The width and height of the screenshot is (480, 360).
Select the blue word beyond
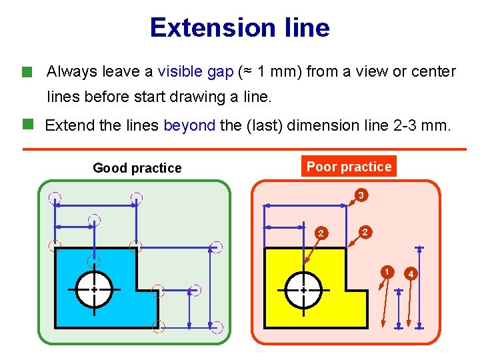pos(189,125)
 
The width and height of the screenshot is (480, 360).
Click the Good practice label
pos(137,168)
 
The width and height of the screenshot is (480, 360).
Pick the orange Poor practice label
pos(349,167)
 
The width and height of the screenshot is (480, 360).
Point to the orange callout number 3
pos(360,196)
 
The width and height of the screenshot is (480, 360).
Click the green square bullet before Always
pos(27,71)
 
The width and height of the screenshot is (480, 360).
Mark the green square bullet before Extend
pos(27,124)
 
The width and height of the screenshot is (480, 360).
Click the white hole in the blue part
pos(94,289)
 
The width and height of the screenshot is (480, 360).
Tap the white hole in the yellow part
pos(303,290)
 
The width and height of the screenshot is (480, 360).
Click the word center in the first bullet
pos(433,71)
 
